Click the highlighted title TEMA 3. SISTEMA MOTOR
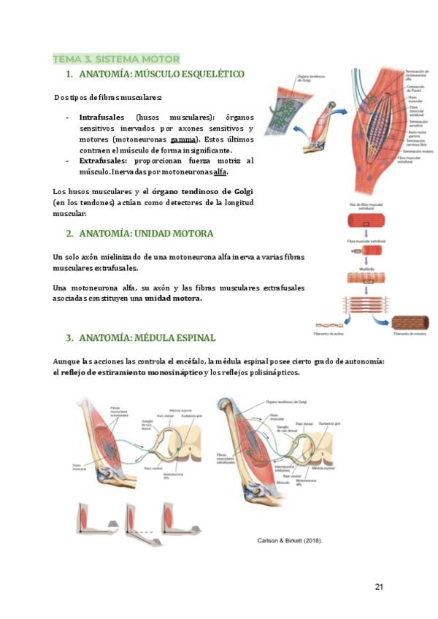tap(116, 58)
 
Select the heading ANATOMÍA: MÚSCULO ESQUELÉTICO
tap(161, 74)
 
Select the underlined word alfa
tap(220, 172)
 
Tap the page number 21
tap(378, 586)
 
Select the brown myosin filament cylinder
tap(410, 323)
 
